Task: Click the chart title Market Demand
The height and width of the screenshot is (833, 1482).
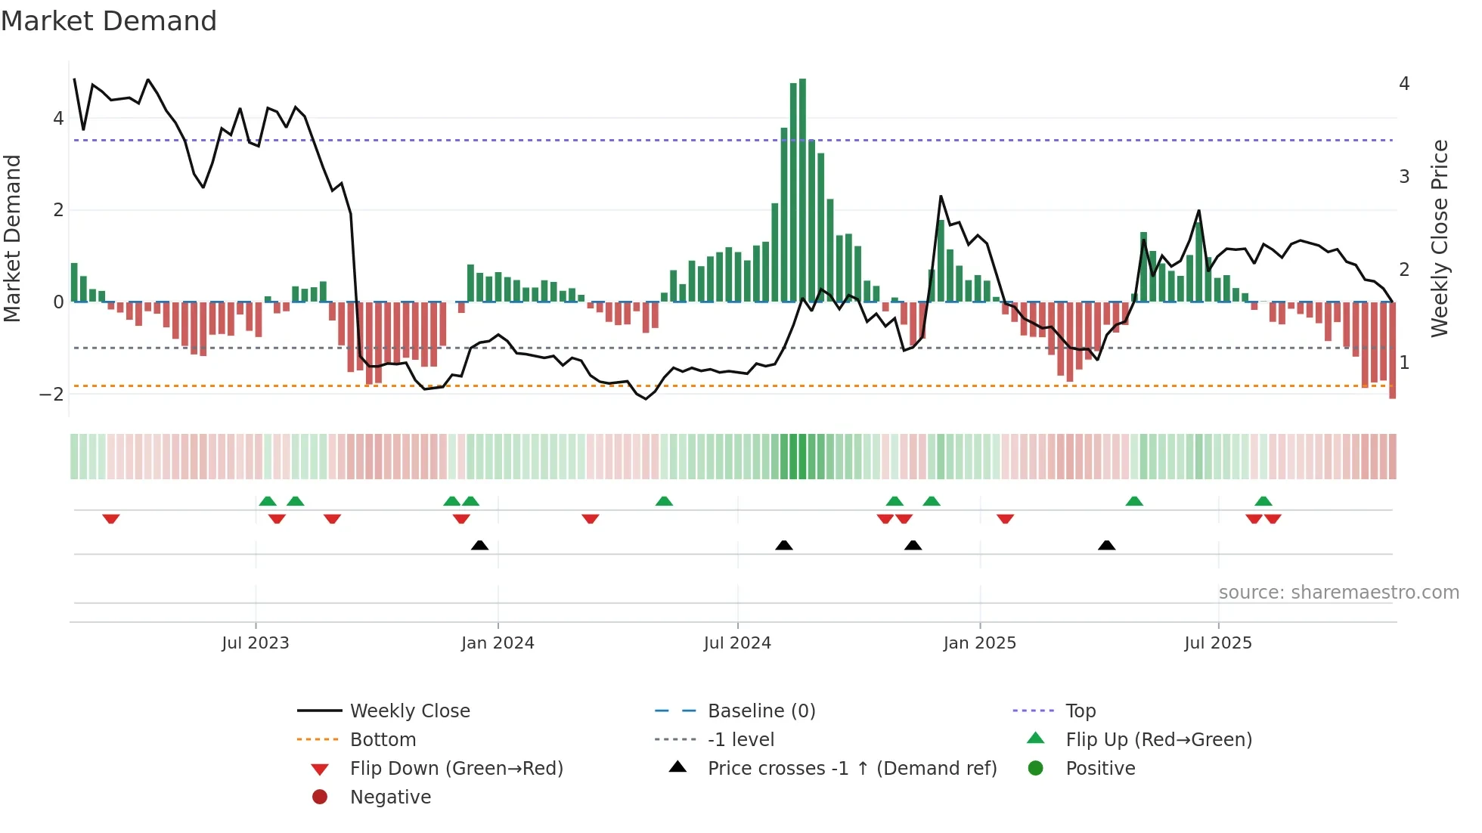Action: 109,21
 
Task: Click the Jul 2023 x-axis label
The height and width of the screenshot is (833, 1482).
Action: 256,643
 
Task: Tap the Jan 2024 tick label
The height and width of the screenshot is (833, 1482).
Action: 498,643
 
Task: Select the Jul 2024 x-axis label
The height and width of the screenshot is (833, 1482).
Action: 737,643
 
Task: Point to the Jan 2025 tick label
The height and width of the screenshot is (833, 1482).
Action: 980,643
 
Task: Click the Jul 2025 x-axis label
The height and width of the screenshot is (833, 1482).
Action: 1218,643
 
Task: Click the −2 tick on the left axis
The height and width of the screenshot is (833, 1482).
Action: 51,395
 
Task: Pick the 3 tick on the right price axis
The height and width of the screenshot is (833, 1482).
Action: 1404,177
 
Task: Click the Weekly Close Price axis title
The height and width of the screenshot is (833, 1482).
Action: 1440,238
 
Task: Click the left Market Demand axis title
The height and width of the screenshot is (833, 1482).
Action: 12,238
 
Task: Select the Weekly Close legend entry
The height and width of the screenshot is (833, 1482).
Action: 410,711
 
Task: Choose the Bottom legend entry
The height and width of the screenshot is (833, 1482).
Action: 383,740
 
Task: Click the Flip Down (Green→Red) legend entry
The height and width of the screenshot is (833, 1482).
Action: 456,769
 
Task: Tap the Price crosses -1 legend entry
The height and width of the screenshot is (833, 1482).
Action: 851,769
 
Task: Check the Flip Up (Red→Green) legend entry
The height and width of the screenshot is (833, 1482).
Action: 1158,740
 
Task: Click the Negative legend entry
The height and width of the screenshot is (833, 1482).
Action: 390,797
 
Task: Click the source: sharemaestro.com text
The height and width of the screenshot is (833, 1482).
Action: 1338,593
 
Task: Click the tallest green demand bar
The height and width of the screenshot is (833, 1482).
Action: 802,189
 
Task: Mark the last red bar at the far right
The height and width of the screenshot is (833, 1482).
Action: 1392,350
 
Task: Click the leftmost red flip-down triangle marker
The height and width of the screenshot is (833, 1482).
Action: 111,519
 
